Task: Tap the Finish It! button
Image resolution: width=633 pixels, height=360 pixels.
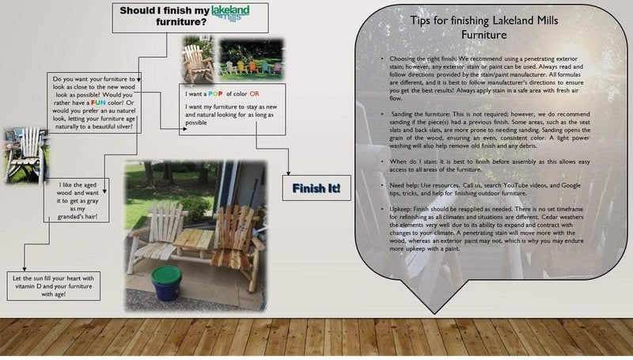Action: click(316, 188)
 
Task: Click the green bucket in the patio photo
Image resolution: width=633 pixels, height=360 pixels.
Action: click(167, 282)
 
